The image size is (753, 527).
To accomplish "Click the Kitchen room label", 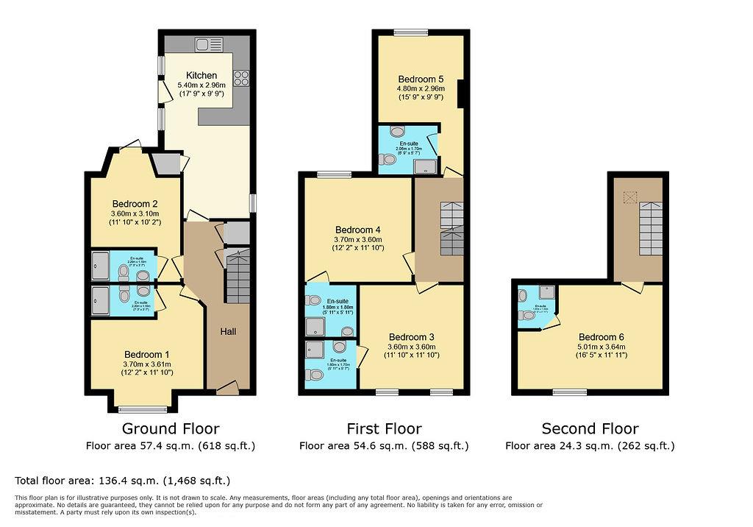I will [x=201, y=75].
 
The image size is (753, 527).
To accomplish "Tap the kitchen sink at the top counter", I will [x=204, y=45].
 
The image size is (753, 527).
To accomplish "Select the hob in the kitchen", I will [x=240, y=77].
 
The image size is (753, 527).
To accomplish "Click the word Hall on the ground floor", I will [x=229, y=332].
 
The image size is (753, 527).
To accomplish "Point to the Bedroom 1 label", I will [x=146, y=354].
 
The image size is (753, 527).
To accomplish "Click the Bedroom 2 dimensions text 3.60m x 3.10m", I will [x=134, y=213].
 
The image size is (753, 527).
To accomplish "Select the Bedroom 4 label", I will [x=359, y=229].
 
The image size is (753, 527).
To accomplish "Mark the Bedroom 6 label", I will [x=602, y=337].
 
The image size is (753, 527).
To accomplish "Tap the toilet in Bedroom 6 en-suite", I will [x=526, y=315].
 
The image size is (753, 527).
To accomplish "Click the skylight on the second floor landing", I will [x=629, y=197].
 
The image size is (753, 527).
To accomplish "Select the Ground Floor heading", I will [x=170, y=428].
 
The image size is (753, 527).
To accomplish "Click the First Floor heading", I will [x=384, y=428].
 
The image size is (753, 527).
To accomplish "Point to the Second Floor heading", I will [x=590, y=428].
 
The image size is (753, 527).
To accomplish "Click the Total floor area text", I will [x=122, y=481].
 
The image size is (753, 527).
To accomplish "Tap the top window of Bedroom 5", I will [x=410, y=32].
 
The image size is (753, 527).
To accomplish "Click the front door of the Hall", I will [x=228, y=387].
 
